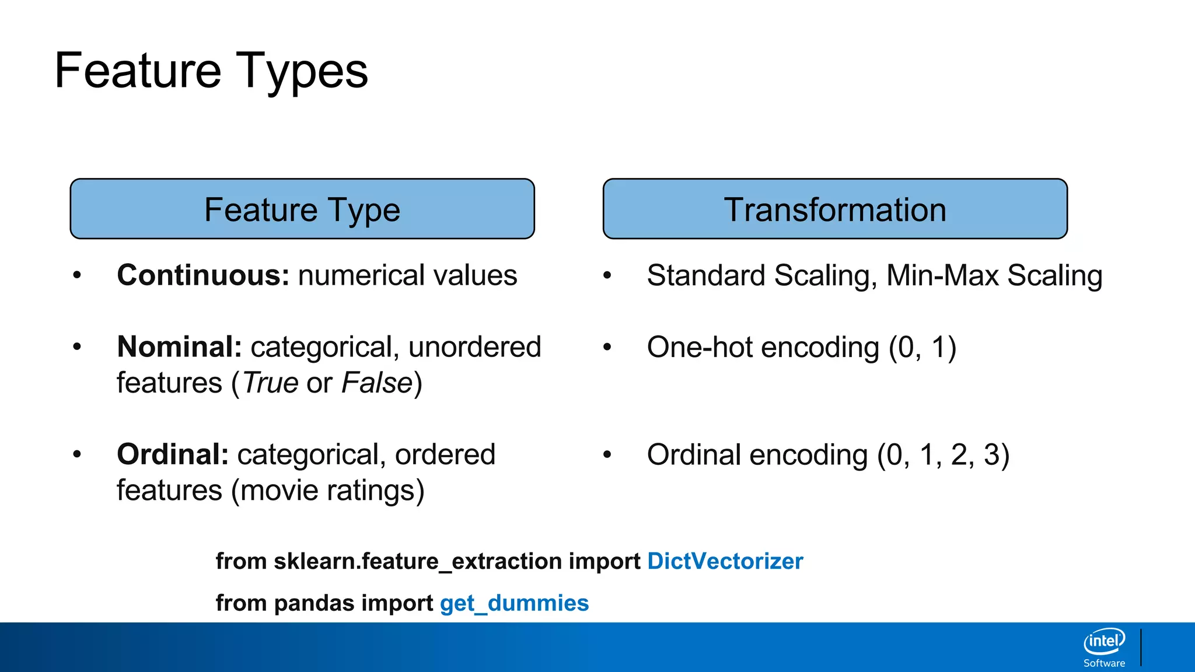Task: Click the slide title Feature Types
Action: coord(211,71)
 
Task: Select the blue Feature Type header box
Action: coord(302,209)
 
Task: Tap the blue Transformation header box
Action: coord(835,209)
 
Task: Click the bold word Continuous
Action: coord(202,275)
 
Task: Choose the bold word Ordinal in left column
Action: coord(172,454)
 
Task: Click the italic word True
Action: coord(271,383)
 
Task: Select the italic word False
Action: coord(377,383)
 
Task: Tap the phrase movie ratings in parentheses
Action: coord(327,490)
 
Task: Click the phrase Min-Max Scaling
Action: coord(994,275)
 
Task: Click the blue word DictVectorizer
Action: coord(725,561)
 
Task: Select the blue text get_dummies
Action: coord(514,603)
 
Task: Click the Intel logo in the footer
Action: coord(1104,642)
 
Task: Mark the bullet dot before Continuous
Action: coord(77,275)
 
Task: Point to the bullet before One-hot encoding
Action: coord(607,347)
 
